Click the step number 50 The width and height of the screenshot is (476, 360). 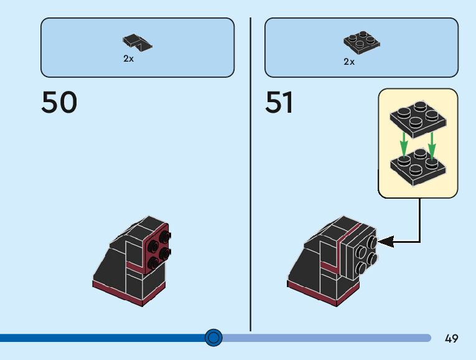click(x=59, y=102)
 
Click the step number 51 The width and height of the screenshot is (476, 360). click(x=279, y=102)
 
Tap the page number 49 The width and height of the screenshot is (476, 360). click(x=452, y=339)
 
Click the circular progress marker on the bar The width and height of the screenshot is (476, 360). click(x=213, y=338)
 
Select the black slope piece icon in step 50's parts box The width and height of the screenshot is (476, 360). click(x=137, y=42)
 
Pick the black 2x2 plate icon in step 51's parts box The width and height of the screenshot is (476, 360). click(x=362, y=42)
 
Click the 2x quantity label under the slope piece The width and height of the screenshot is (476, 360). click(x=128, y=59)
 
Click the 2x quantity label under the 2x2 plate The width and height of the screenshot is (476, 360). click(x=349, y=61)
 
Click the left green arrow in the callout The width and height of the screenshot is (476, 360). click(x=403, y=145)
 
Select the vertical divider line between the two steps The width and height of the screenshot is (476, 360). click(x=250, y=174)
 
